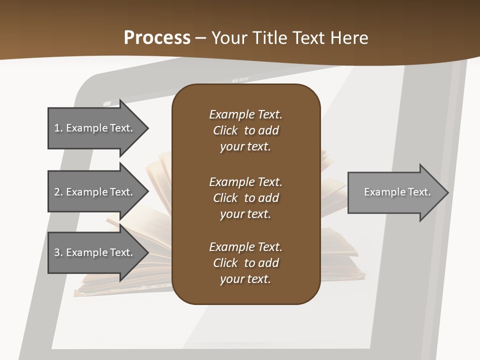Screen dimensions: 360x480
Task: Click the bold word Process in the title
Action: (157, 37)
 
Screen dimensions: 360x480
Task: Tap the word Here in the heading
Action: (349, 37)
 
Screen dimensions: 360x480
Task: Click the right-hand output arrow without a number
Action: (395, 192)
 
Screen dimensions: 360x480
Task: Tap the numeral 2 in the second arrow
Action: (57, 192)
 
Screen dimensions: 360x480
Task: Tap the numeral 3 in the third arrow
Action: (57, 252)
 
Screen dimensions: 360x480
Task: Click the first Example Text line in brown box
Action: (245, 114)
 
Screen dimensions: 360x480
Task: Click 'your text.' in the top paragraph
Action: (245, 147)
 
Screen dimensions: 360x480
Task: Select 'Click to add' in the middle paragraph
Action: (245, 198)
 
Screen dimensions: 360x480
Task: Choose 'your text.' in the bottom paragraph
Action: (245, 279)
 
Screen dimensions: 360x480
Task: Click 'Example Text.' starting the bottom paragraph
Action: (245, 247)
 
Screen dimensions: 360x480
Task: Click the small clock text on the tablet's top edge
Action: (240, 80)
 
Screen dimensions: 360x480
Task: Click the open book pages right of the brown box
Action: (333, 185)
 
